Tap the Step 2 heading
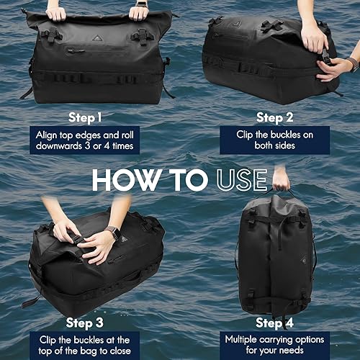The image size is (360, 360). [x=274, y=115]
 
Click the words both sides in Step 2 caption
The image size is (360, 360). [x=274, y=147]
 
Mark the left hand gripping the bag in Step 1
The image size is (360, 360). [x=55, y=12]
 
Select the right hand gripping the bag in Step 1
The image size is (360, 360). [x=138, y=11]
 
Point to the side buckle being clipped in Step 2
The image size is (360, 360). [x=325, y=55]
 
